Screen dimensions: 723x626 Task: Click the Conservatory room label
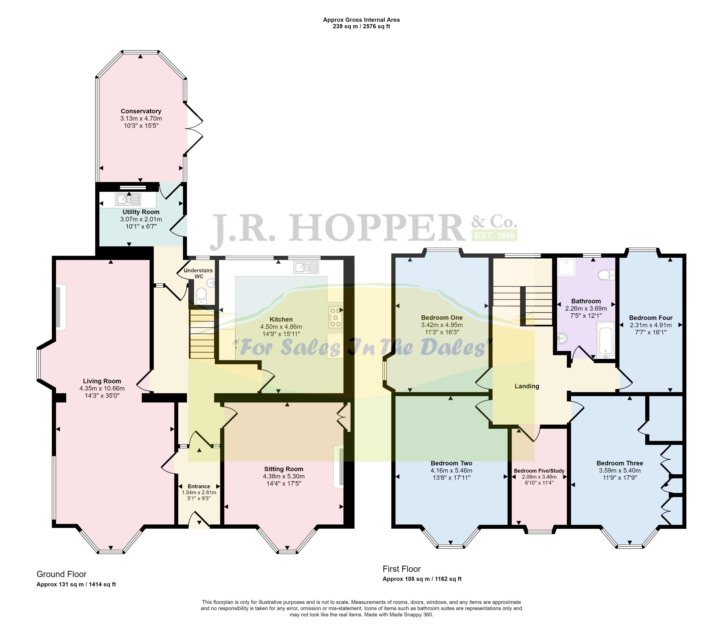(141, 111)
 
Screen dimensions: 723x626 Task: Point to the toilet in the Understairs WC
(201, 296)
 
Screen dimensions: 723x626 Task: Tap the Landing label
(527, 386)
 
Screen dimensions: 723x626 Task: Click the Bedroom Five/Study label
(539, 471)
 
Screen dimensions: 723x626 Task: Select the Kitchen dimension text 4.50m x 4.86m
(281, 327)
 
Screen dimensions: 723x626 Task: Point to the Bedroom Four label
(651, 318)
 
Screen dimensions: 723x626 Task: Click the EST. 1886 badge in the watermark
(495, 235)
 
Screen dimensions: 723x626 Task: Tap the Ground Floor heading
(61, 574)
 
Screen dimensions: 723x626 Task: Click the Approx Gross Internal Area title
(361, 20)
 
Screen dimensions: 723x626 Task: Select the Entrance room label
(199, 486)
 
